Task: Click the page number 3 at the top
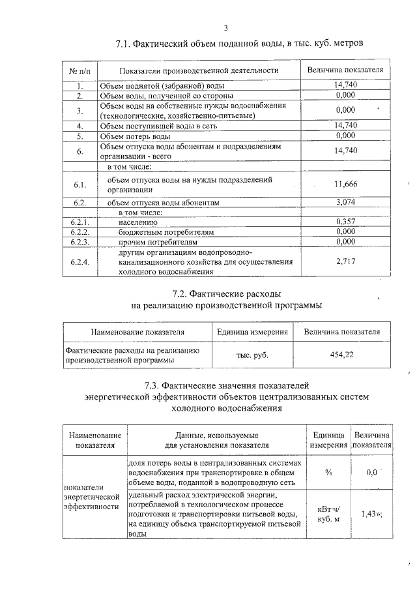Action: pyautogui.click(x=225, y=28)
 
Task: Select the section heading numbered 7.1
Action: pyautogui.click(x=239, y=44)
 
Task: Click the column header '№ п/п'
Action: pyautogui.click(x=79, y=70)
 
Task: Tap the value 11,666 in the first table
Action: pyautogui.click(x=345, y=184)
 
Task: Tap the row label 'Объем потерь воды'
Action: pyautogui.click(x=135, y=136)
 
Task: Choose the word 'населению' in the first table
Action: pyautogui.click(x=138, y=222)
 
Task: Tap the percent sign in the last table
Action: pyautogui.click(x=328, y=472)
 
